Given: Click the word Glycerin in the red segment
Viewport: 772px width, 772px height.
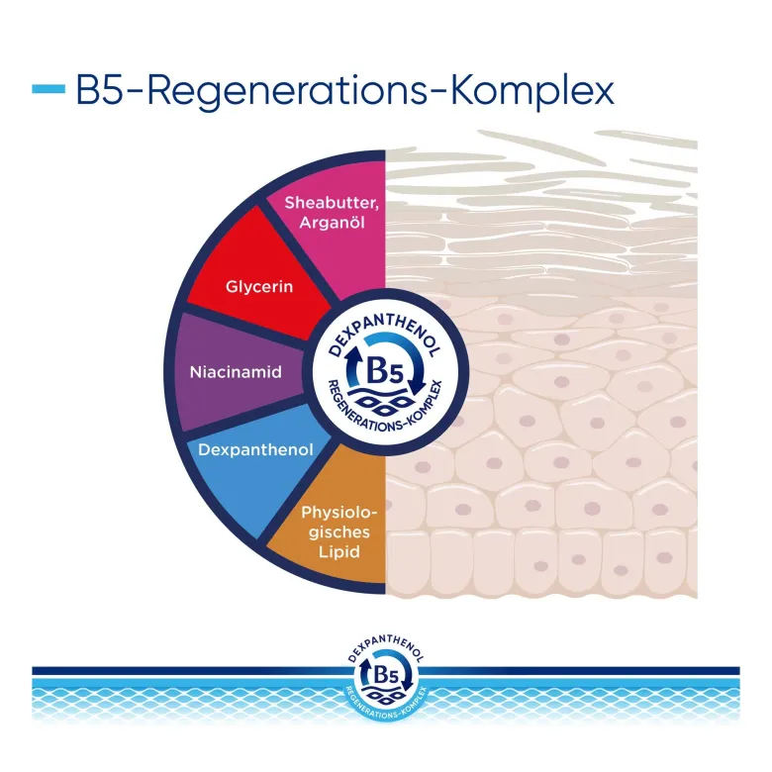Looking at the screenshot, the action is click(x=259, y=287).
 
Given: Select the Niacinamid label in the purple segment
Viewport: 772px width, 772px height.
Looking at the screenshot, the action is click(x=236, y=372).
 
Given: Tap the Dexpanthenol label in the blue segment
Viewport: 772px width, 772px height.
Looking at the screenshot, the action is click(x=255, y=450).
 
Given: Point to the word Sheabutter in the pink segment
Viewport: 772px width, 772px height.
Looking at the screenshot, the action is click(x=332, y=203).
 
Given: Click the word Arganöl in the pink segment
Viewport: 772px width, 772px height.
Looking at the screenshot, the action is click(x=332, y=223).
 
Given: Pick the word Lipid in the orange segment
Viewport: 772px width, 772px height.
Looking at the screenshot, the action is click(x=338, y=551).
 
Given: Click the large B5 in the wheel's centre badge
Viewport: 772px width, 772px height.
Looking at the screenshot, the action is click(x=385, y=372).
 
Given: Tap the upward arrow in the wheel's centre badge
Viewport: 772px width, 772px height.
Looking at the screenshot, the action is click(x=352, y=365).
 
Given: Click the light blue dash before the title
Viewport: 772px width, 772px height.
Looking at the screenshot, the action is click(x=48, y=89).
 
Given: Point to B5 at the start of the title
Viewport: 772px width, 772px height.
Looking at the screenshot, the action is click(x=99, y=90).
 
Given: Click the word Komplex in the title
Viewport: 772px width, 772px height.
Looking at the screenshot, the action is click(x=532, y=93).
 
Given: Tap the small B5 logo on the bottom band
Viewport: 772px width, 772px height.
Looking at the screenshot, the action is click(x=386, y=676).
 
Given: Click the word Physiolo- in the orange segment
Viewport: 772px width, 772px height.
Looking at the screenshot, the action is click(x=338, y=513).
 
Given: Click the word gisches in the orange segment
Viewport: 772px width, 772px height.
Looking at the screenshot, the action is click(x=338, y=532).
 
